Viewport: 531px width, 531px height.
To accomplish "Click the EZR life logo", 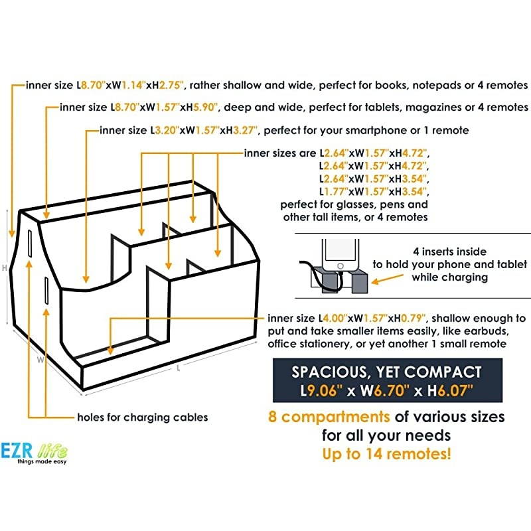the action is point(34,453).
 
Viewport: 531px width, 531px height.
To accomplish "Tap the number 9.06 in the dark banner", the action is point(322,391).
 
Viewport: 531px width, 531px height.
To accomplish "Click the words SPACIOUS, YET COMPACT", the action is point(386,372).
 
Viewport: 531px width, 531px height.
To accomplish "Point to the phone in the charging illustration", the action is point(341,255).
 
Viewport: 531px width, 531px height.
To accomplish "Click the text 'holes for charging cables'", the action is point(143,417).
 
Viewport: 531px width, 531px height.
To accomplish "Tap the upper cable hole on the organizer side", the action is point(30,244).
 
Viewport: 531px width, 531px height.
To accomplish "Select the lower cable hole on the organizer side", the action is point(46,291).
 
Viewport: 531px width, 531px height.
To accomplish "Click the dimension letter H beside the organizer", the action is point(5,268).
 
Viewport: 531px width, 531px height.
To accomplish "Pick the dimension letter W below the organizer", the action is point(40,360).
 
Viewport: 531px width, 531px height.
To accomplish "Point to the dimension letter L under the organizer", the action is point(179,368).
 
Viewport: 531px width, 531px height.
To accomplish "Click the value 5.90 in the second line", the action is point(204,108).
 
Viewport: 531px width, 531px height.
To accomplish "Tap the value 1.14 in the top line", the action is point(132,85).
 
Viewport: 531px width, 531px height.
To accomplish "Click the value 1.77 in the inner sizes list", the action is point(335,192).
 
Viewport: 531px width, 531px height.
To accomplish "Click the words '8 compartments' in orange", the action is point(329,417).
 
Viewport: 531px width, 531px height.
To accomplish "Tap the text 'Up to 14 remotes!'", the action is point(386,454).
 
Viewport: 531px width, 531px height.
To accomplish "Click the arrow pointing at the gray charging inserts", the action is point(388,279).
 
